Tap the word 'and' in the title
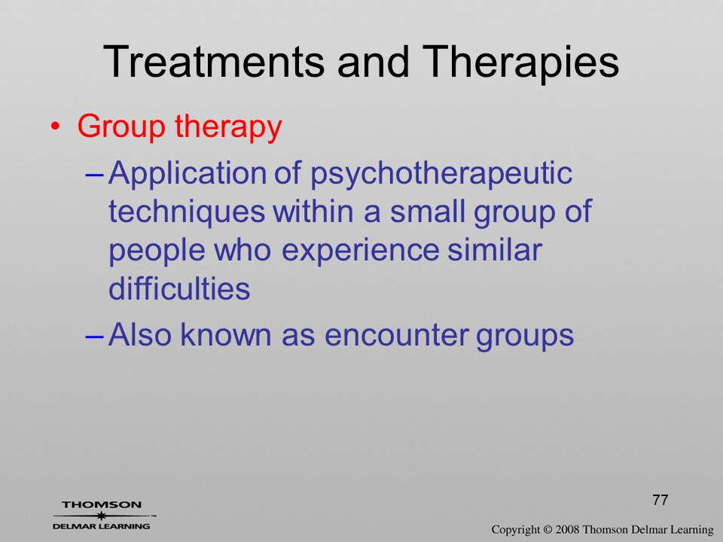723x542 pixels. tap(374, 62)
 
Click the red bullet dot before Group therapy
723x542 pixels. tap(55, 126)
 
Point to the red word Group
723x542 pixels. tap(121, 128)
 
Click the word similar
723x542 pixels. tap(494, 250)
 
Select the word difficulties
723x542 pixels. tap(179, 288)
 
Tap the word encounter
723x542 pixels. tap(397, 335)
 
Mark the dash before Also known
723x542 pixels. tap(96, 337)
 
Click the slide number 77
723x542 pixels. tap(660, 500)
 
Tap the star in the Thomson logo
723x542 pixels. tap(101, 516)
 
